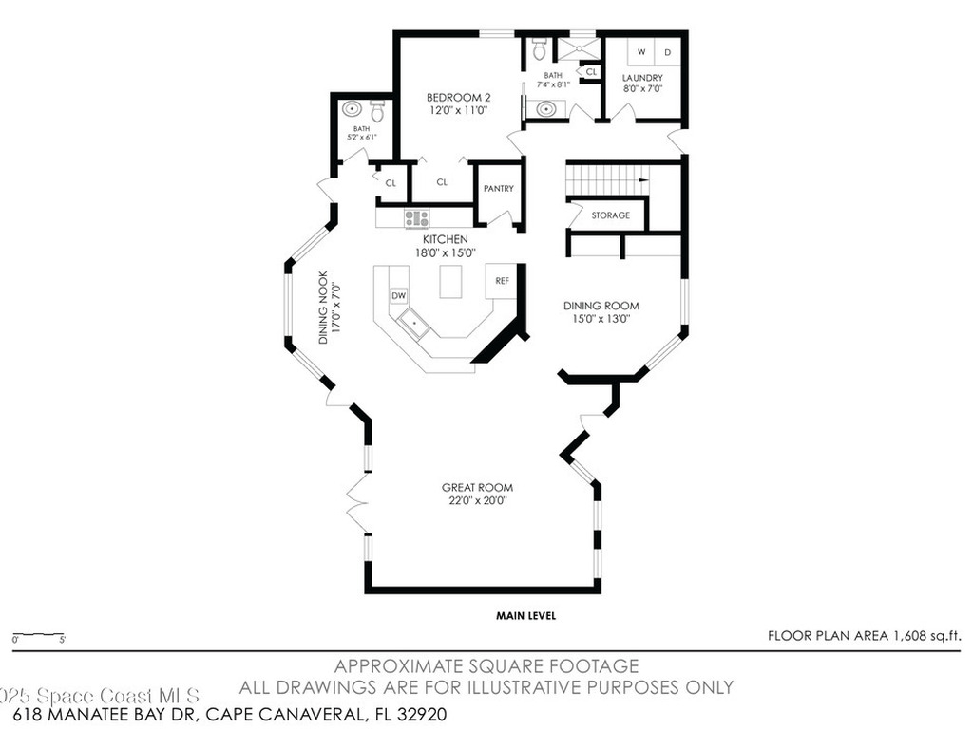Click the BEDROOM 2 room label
[458, 98]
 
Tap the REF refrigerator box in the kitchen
[502, 281]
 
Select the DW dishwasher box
[399, 296]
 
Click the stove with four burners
[417, 218]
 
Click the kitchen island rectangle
[449, 281]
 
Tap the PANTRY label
[498, 189]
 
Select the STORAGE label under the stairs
[610, 215]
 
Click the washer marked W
[640, 52]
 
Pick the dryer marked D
[667, 52]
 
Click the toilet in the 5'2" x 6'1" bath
[377, 113]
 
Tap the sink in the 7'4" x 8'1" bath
[546, 109]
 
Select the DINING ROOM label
[601, 306]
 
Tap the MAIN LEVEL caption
[525, 616]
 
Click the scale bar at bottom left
[38, 634]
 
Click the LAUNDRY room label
[642, 78]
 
